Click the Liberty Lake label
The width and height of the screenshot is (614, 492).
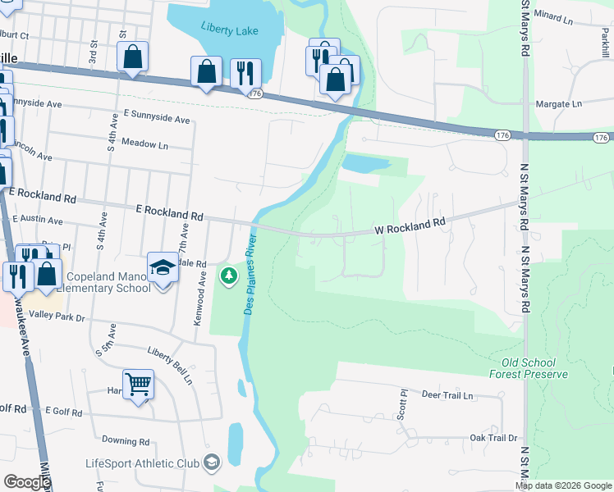pos(230,31)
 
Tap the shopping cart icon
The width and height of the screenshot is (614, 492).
pos(138,384)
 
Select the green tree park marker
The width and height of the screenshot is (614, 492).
pos(227,277)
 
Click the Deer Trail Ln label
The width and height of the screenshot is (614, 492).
pos(447,395)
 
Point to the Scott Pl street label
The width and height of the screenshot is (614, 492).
pos(402,405)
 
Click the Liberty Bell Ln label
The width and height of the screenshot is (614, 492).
pos(170,366)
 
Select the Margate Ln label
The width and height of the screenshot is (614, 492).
pos(558,104)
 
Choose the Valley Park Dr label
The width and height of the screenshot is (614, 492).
pos(57,315)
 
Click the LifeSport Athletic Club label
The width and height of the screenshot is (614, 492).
pos(143,463)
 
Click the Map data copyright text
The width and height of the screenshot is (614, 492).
pos(562,485)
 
